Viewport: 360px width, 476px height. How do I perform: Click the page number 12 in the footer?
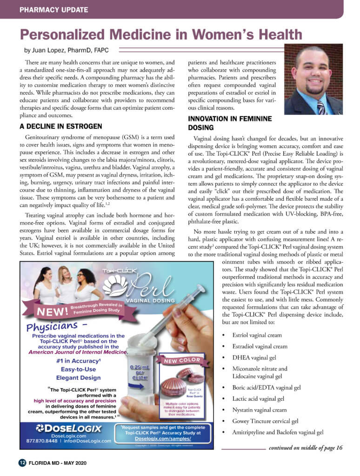22,463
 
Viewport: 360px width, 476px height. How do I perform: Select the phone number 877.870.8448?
36,440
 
